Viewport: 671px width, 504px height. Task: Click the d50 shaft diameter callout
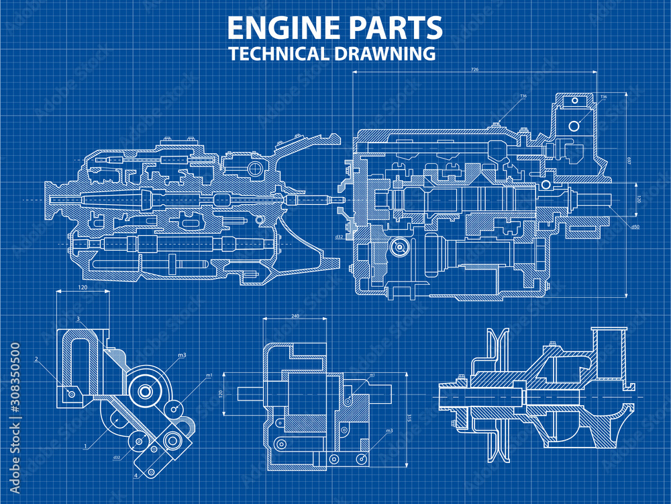635,226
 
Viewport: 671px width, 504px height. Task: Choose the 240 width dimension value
295,315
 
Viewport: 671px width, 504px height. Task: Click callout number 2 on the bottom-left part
36,360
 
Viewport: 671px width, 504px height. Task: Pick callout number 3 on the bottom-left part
79,319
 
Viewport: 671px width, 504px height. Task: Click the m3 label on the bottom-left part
182,355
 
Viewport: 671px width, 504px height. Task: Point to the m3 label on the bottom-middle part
389,431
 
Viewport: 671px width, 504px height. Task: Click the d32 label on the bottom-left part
116,458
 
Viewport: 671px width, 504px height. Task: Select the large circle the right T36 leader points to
574,126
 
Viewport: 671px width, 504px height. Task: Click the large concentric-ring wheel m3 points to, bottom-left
144,390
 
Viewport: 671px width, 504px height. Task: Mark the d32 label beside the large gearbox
340,236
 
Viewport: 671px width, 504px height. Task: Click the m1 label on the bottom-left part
209,375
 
